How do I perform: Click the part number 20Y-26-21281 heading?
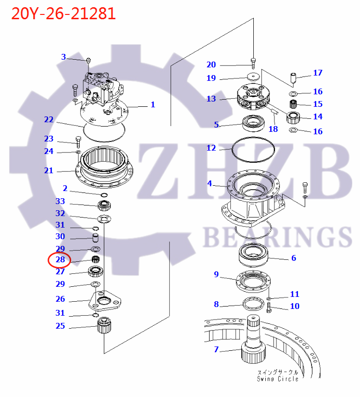[x=63, y=13]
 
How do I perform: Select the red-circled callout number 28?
[x=60, y=260]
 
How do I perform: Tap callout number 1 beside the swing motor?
[x=153, y=104]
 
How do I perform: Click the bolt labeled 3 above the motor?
[x=88, y=61]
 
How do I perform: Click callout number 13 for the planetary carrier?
[x=211, y=99]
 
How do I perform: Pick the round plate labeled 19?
[x=252, y=77]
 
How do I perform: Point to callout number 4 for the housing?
[x=210, y=183]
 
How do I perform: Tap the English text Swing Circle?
[x=277, y=379]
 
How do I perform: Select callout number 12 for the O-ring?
[x=211, y=148]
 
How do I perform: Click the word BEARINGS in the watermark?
[x=277, y=237]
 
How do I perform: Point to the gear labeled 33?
[x=105, y=205]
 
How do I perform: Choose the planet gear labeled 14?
[x=294, y=116]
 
